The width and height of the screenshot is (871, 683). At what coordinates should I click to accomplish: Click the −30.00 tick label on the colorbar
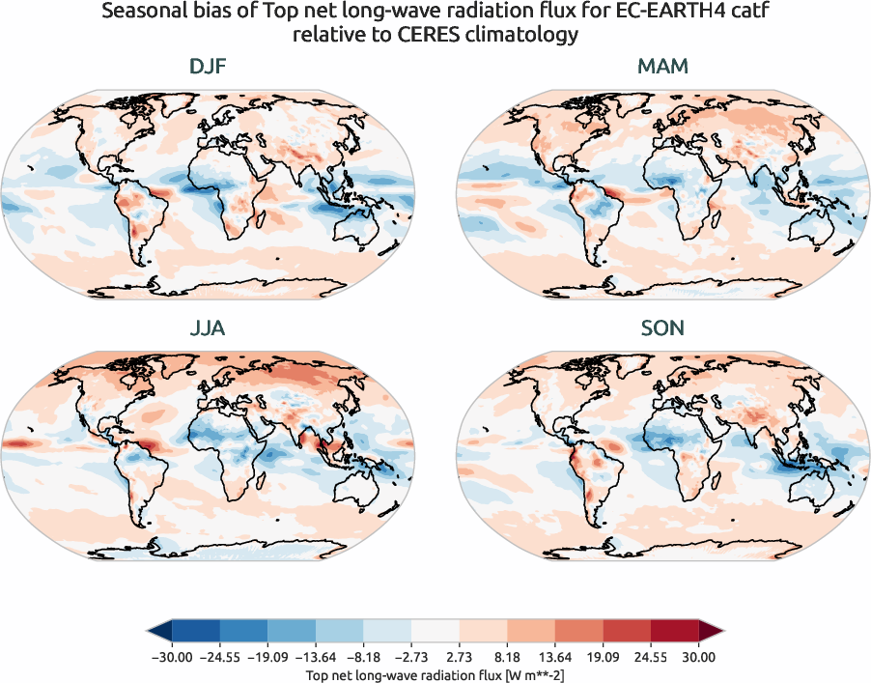pos(172,657)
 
